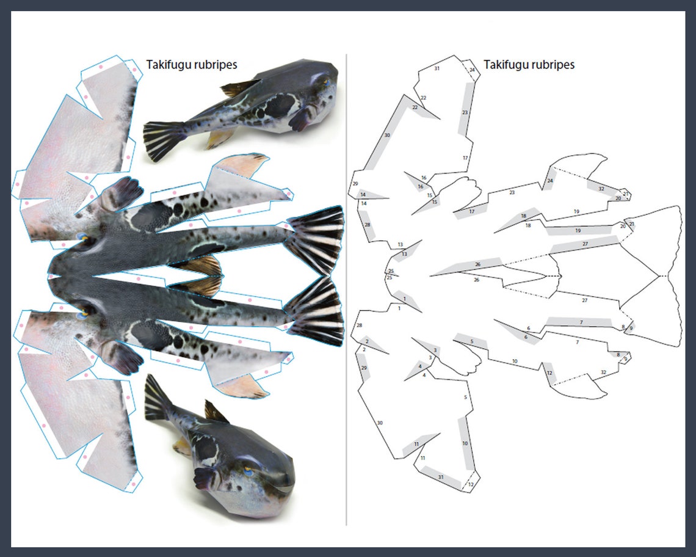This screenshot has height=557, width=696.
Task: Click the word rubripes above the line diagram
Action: pyautogui.click(x=551, y=64)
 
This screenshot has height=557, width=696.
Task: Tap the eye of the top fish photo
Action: pyautogui.click(x=324, y=81)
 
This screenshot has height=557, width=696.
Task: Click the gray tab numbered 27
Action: pyautogui.click(x=584, y=245)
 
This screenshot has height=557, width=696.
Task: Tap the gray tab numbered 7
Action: pyautogui.click(x=580, y=322)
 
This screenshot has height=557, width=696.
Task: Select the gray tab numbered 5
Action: pyautogui.click(x=471, y=341)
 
